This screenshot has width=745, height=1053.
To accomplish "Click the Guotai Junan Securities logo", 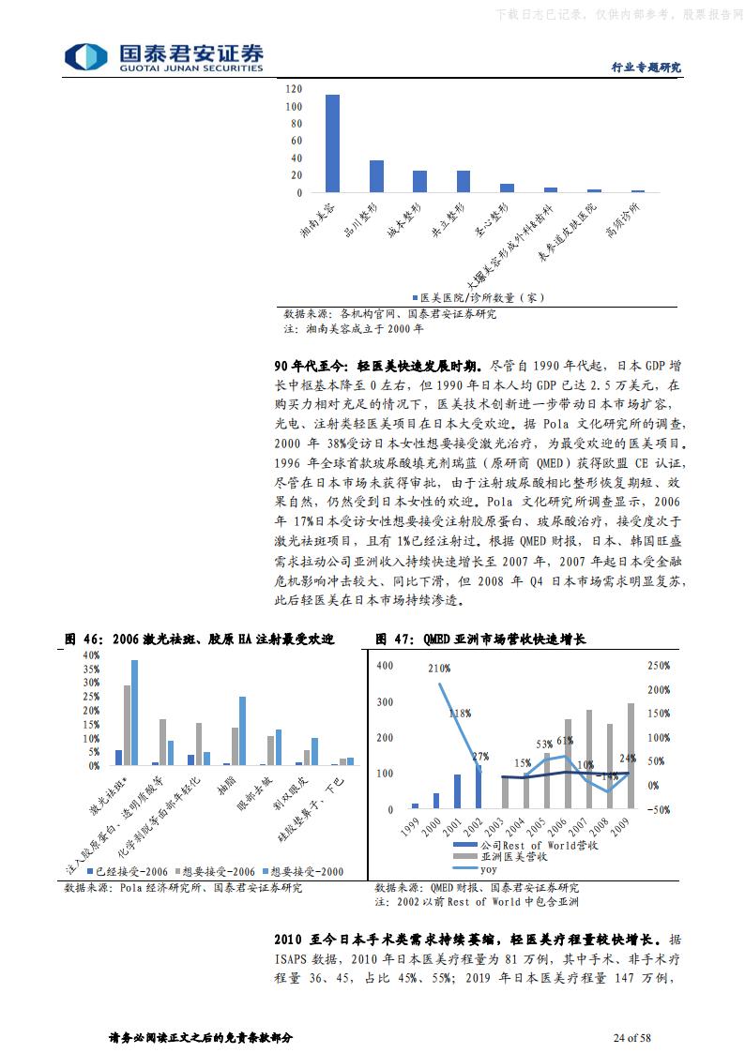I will (163, 57).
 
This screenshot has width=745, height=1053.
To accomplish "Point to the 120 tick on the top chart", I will (294, 89).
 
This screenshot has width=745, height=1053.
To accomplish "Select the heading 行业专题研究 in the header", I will (646, 68).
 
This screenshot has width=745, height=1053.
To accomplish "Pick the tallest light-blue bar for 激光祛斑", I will (134, 713).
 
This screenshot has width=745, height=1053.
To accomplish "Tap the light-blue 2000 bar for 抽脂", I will (242, 730).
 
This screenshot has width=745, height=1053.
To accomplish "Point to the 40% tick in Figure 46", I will (91, 654).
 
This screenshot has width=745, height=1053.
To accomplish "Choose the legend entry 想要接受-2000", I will (305, 870).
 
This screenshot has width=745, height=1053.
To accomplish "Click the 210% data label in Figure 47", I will (438, 669).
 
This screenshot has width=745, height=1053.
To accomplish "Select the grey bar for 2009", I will (631, 755).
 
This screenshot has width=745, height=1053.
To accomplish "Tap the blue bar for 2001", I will (457, 790).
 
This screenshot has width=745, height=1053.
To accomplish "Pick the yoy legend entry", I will (487, 868).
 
